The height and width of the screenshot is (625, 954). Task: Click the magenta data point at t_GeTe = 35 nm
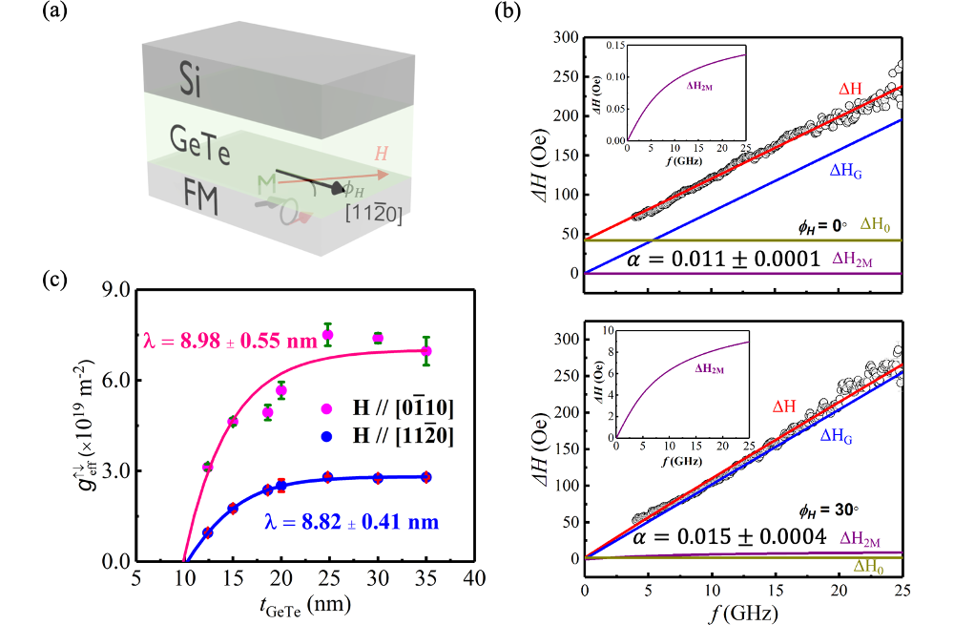pos(426,350)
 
